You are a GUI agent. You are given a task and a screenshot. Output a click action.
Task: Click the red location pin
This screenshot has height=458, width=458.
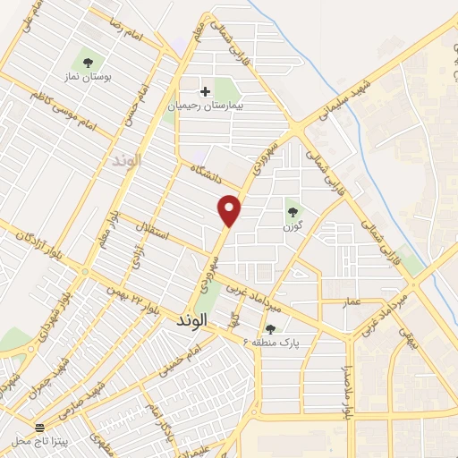230,209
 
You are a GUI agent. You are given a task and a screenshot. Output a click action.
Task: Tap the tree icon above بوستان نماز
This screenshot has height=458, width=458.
88,62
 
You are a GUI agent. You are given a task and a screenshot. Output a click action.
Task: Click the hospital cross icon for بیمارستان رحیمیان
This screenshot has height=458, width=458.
206,91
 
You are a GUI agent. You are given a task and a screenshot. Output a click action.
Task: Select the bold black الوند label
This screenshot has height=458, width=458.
192,319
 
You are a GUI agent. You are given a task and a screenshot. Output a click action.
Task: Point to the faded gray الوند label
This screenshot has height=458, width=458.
122,161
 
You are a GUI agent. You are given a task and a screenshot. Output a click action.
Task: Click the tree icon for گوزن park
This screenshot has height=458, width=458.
293,212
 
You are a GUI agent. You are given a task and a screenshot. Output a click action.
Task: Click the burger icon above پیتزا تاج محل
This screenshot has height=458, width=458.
39,427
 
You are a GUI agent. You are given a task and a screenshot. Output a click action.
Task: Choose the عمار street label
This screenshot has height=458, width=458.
351,301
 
